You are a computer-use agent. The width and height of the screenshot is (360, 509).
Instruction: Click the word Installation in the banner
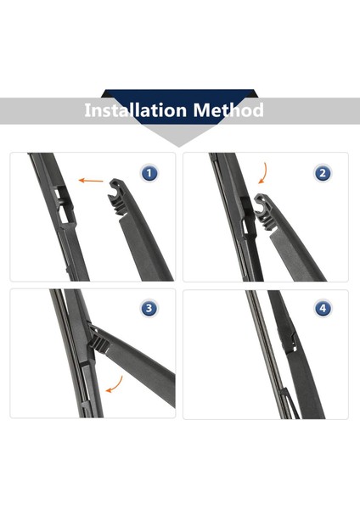pos(135,110)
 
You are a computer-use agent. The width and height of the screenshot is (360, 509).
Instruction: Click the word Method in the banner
pos(227,110)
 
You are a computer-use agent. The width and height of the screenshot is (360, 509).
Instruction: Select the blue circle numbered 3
pos(149,308)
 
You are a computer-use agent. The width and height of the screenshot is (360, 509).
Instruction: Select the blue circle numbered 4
pos(322,308)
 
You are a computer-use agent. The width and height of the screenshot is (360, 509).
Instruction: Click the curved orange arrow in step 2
pos(262,175)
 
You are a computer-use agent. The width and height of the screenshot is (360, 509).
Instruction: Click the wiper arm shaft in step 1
pos(144,250)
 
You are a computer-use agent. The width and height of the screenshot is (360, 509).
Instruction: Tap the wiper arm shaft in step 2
pos(297,250)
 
